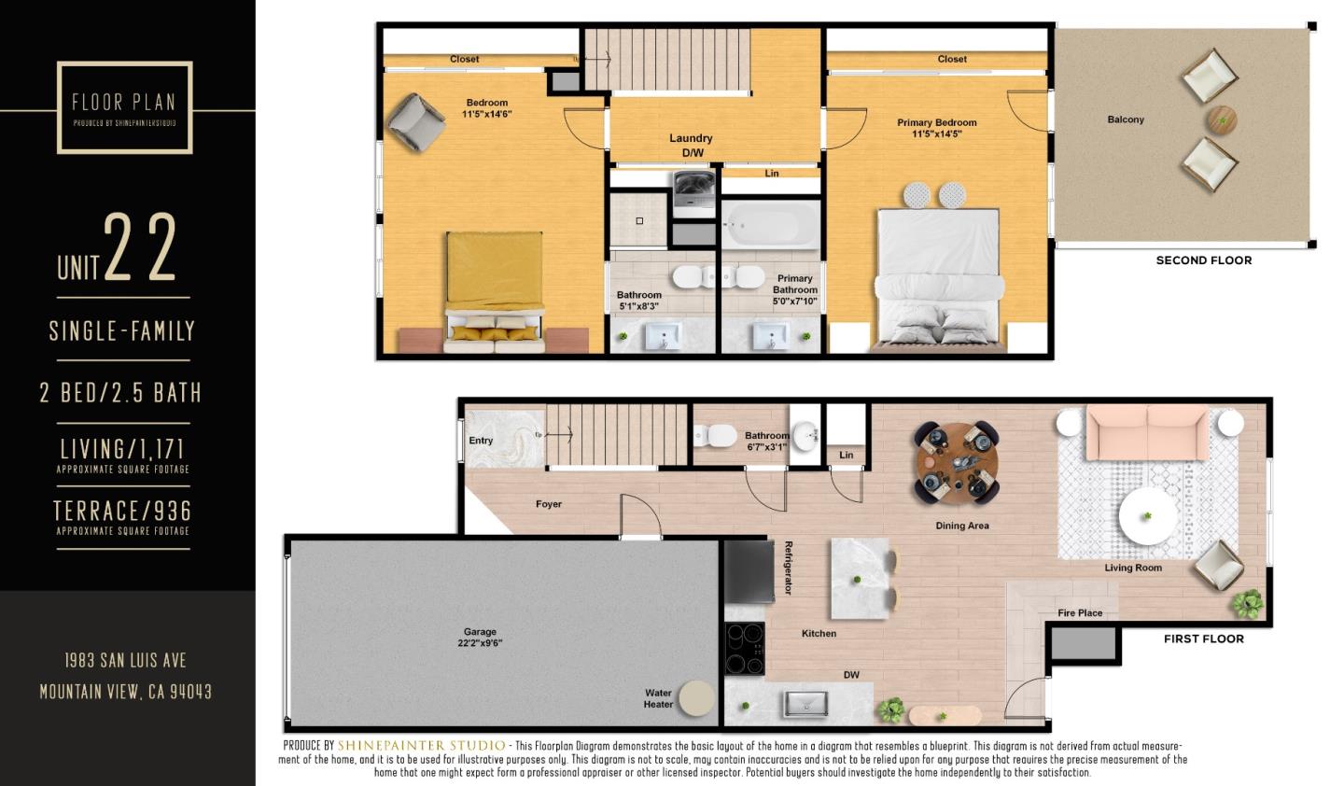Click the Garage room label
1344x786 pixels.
(480, 632)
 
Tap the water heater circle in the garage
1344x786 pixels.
(695, 698)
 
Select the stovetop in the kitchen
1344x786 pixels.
(745, 648)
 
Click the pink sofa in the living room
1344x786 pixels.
(1147, 432)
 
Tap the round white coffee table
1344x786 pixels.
(1148, 516)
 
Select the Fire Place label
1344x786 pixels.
(1080, 613)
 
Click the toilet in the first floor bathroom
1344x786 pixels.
(714, 435)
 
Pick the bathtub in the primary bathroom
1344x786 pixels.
(770, 225)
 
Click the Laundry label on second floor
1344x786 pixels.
(691, 138)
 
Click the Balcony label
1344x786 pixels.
(1126, 119)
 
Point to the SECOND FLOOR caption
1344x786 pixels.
(1203, 260)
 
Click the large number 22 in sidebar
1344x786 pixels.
(140, 247)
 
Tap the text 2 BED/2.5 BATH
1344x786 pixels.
(120, 392)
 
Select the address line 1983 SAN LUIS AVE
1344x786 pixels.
(125, 660)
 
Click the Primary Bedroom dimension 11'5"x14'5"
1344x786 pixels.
(936, 134)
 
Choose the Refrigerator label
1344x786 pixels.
(789, 568)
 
